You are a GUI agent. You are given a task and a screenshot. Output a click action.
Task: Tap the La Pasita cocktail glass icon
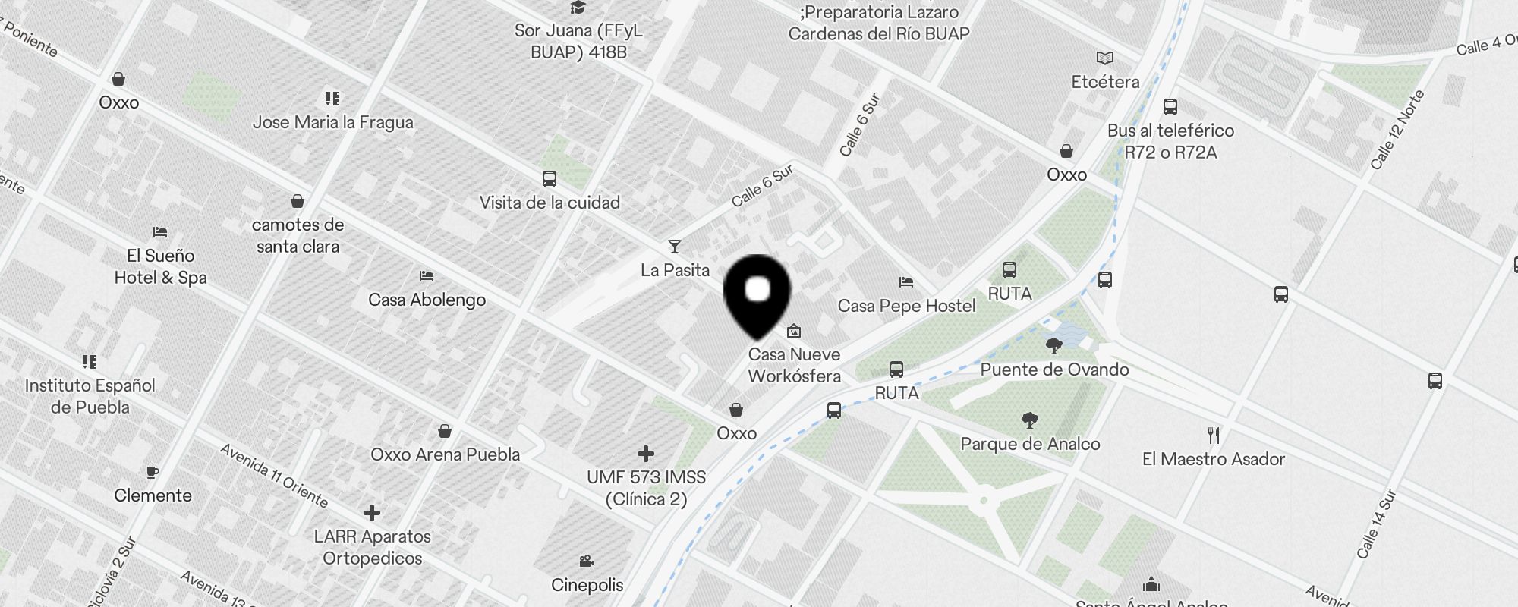point(674,247)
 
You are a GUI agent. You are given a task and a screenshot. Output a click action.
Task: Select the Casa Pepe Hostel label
point(906,306)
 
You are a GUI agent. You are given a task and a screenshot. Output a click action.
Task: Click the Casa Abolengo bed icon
point(427,276)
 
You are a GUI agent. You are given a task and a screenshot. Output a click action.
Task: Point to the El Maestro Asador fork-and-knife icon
point(1214,436)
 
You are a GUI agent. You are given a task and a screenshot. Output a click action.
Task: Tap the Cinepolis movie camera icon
point(586,561)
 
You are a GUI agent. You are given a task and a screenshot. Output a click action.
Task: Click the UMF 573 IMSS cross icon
point(646,454)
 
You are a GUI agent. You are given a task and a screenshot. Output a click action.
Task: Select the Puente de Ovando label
point(1054,370)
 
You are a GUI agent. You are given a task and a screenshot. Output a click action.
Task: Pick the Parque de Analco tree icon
point(1030,420)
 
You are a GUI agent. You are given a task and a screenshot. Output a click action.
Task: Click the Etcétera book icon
point(1105,58)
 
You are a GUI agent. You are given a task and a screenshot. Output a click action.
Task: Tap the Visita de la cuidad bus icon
point(550,179)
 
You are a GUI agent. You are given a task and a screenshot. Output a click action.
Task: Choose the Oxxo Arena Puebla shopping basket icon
point(445,431)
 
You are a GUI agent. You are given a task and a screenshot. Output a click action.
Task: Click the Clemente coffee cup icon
point(153,472)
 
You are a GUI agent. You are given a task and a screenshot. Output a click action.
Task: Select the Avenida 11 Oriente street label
point(274,476)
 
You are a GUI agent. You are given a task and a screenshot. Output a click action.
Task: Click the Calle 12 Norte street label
point(1397,130)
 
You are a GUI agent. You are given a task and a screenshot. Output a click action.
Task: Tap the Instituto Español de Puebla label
point(90,396)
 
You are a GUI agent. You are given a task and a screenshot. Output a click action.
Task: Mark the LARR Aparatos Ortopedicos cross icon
point(371,513)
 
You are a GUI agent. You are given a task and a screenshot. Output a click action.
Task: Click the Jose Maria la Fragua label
point(332,122)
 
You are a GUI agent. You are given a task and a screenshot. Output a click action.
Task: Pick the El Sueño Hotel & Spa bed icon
point(159,232)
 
